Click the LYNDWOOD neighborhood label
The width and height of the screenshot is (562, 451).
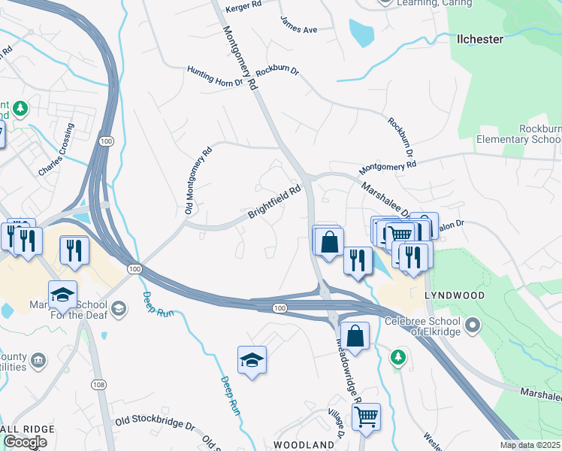point(455,296)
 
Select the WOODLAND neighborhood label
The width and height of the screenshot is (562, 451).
point(303,445)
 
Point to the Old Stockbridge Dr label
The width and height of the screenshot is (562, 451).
point(153,422)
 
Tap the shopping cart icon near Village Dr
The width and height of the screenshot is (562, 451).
point(366,416)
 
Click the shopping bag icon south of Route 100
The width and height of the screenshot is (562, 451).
point(355,335)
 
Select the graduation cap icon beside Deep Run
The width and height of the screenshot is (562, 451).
point(252,359)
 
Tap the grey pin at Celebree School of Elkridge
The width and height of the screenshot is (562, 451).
point(472,325)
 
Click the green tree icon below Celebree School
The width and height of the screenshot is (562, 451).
point(398,357)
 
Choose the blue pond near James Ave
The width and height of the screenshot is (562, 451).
point(361,32)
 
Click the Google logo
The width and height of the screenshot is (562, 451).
point(25,442)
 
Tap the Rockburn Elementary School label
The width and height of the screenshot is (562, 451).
point(519,135)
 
